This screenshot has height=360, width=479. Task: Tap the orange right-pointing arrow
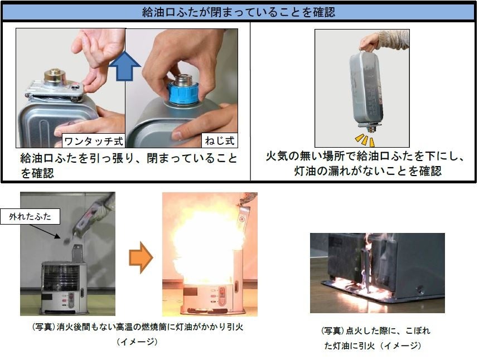(141, 257)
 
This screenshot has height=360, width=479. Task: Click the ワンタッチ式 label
(94, 141)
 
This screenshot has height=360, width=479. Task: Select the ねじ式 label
(220, 140)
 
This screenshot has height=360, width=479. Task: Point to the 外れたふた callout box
(30, 216)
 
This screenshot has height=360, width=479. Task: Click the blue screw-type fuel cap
(183, 91)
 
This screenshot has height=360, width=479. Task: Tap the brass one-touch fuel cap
(55, 76)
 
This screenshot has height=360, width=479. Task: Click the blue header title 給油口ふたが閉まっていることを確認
(239, 12)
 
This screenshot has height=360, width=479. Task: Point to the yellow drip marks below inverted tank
(365, 140)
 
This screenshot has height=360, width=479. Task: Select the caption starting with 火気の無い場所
(365, 163)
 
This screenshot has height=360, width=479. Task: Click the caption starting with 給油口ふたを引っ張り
(128, 166)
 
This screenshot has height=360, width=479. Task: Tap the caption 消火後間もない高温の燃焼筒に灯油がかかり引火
(138, 327)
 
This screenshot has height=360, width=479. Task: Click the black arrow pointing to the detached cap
(45, 231)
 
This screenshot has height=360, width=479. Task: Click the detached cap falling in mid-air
(66, 241)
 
